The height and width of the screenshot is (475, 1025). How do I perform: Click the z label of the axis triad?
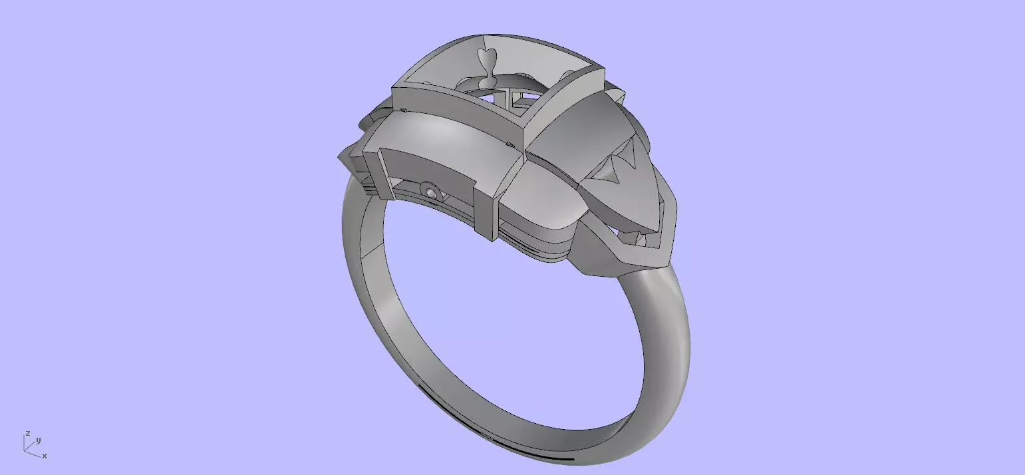click(x=27, y=433)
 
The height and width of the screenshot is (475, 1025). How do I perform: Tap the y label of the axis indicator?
click(x=39, y=440)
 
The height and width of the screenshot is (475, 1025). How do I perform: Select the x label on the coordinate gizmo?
click(x=45, y=456)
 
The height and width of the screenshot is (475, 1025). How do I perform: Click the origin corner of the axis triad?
click(x=25, y=450)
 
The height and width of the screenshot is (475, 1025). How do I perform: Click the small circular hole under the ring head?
click(x=433, y=193)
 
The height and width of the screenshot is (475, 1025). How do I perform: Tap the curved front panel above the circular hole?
click(x=426, y=160)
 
